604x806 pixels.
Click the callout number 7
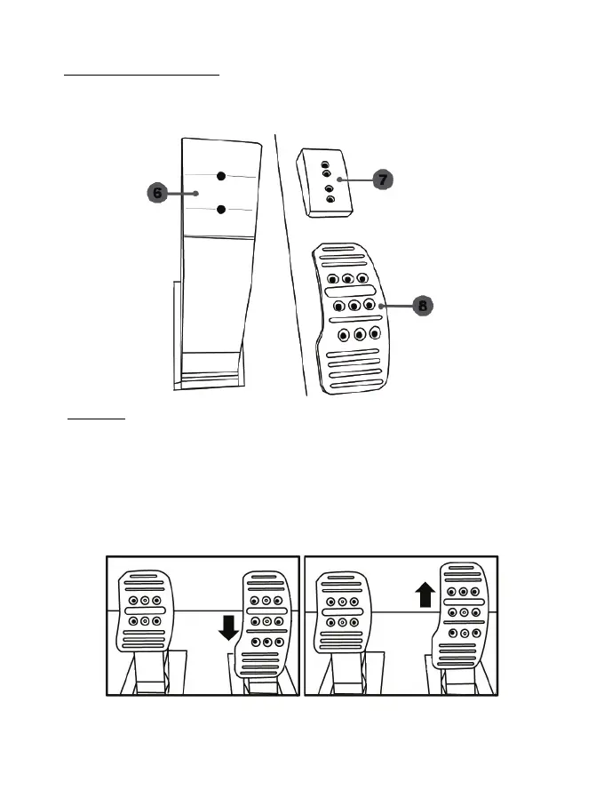382,180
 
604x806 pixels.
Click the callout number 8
423,306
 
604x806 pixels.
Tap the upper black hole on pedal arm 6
222,176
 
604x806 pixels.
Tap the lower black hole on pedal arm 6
222,210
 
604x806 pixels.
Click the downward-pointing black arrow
228,629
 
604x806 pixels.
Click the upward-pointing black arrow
425,594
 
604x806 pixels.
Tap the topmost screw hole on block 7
325,164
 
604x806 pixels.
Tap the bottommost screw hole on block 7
331,201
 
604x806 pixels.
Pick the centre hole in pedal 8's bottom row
360,336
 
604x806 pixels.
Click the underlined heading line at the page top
142,76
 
